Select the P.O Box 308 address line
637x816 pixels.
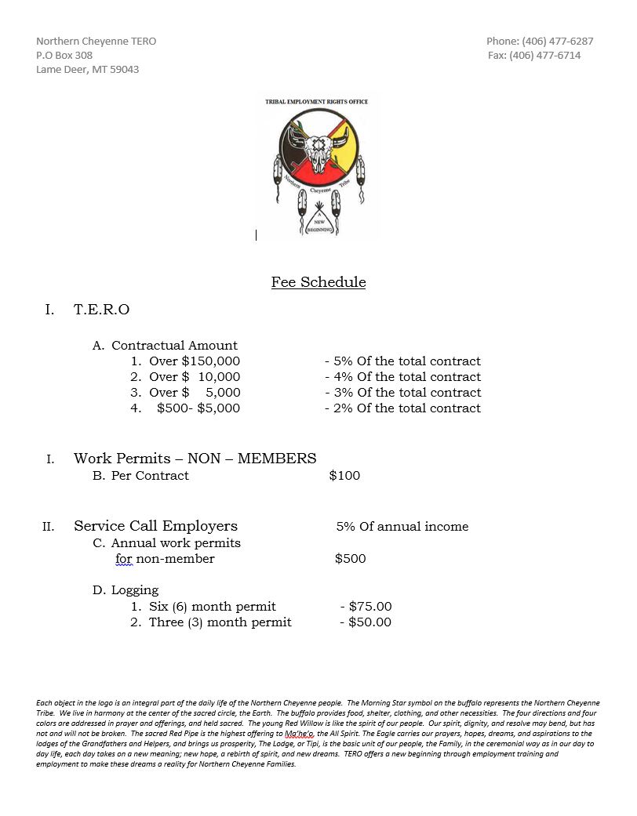click(x=64, y=55)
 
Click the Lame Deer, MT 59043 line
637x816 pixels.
click(x=88, y=69)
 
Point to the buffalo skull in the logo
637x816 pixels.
click(x=318, y=151)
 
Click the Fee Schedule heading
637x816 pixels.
click(x=318, y=282)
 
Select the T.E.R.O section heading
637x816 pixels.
click(x=102, y=310)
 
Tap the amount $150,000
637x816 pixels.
click(x=211, y=361)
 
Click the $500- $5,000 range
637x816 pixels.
click(x=198, y=408)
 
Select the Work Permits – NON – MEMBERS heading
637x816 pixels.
click(x=195, y=459)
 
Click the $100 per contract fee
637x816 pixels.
click(x=344, y=476)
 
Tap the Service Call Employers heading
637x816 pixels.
click(x=155, y=526)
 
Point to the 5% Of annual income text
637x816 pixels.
click(x=402, y=527)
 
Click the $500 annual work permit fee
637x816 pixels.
click(x=350, y=559)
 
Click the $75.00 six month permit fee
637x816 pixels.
click(x=370, y=607)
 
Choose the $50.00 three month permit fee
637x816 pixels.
click(x=369, y=622)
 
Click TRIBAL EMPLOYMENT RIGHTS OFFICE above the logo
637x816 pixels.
click(x=317, y=102)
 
